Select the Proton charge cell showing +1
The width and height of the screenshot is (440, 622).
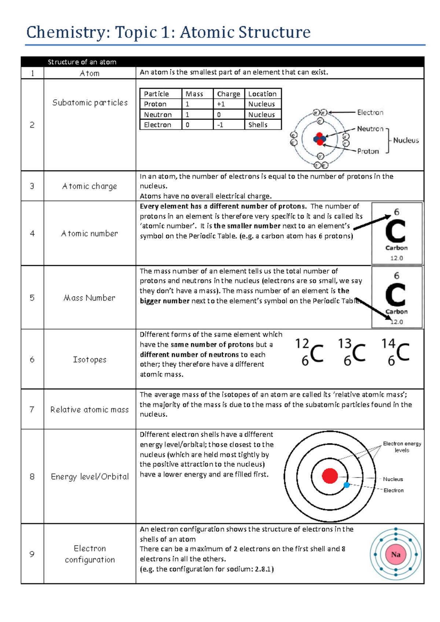click(x=221, y=104)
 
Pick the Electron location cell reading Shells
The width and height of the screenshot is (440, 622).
click(x=258, y=125)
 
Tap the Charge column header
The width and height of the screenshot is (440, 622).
click(x=228, y=94)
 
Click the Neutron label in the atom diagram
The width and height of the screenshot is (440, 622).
click(x=370, y=129)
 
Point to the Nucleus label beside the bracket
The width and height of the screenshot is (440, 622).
click(x=406, y=140)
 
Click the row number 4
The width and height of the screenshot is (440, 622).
click(x=32, y=233)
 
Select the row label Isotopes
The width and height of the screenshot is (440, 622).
click(x=89, y=359)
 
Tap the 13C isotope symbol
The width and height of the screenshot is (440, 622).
click(x=352, y=352)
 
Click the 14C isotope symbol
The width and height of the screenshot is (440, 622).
click(x=395, y=352)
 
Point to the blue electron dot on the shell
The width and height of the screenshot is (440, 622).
click(x=346, y=485)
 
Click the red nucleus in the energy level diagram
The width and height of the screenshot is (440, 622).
click(x=330, y=476)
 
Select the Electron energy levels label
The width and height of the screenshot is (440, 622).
click(x=402, y=447)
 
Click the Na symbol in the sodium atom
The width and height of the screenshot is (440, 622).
click(x=396, y=554)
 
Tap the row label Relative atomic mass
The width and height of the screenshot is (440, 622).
click(x=89, y=410)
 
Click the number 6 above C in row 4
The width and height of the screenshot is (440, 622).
click(x=396, y=212)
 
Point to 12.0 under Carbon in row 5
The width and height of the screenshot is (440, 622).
click(x=396, y=322)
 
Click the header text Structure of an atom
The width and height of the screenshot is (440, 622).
click(x=82, y=62)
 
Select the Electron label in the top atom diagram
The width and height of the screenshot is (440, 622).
click(x=370, y=113)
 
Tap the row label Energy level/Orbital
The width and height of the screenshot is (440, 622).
click(x=90, y=476)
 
